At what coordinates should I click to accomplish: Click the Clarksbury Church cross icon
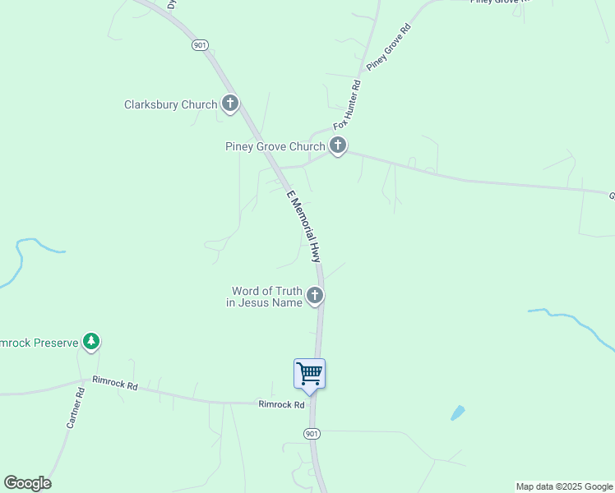230,104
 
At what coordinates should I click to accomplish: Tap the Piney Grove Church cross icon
337,146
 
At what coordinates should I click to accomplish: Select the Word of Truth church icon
314,296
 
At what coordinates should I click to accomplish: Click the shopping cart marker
310,374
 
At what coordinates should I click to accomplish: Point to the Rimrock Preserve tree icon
90,342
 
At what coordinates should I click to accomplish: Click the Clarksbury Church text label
170,104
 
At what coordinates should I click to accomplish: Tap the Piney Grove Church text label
275,147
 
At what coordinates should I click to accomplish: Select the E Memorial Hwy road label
303,226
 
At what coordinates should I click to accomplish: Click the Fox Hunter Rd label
347,105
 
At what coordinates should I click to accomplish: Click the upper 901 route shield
200,45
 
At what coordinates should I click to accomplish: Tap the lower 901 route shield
311,433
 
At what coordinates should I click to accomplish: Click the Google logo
27,483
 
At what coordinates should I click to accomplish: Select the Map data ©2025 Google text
564,486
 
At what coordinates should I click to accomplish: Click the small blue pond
458,413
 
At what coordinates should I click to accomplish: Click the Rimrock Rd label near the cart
281,404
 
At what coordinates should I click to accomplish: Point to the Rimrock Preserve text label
39,342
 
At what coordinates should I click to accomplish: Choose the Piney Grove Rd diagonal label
388,47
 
